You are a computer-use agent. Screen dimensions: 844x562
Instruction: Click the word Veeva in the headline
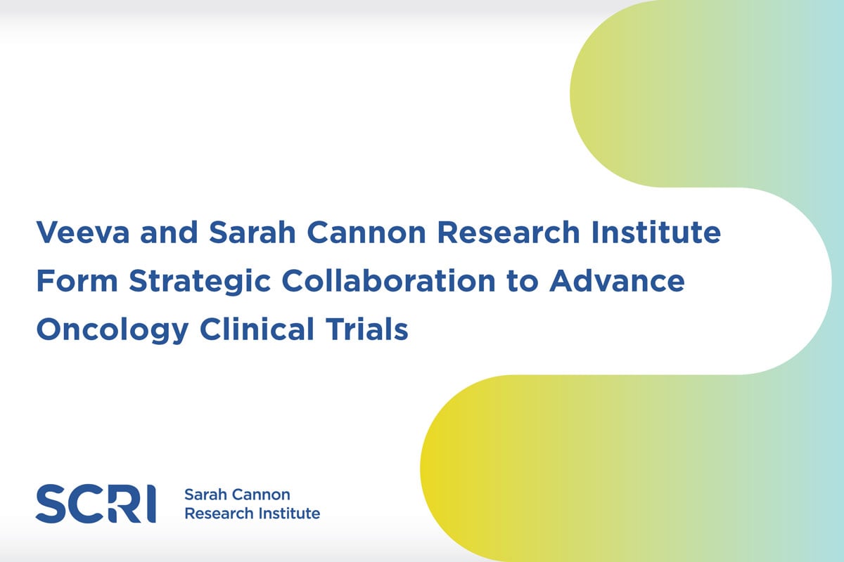tap(83, 233)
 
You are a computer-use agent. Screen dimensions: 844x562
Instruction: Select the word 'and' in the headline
tap(169, 232)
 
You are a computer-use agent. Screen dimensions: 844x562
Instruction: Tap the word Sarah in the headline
tap(252, 232)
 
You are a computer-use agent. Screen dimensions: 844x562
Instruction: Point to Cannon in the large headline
tap(366, 233)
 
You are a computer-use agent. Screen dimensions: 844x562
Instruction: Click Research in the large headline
tap(509, 232)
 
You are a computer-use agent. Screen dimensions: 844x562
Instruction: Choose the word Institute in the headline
tap(656, 232)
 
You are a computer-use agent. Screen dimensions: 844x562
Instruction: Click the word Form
tap(77, 281)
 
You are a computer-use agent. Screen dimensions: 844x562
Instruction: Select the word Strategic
tap(200, 282)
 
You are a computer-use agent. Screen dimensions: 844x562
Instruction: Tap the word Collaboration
tap(388, 281)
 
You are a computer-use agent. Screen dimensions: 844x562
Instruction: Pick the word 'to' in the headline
tap(522, 282)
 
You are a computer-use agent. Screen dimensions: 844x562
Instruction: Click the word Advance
tap(617, 281)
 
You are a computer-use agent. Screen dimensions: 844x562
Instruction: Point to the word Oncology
tap(113, 330)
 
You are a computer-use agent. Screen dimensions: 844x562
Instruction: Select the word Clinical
tap(257, 329)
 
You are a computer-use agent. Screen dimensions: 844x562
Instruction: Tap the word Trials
tap(366, 329)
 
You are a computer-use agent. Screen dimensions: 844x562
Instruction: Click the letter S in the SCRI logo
tap(51, 504)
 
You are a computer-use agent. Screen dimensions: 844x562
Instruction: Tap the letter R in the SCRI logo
tap(125, 504)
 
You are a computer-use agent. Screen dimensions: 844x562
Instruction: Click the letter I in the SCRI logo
tap(151, 504)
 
